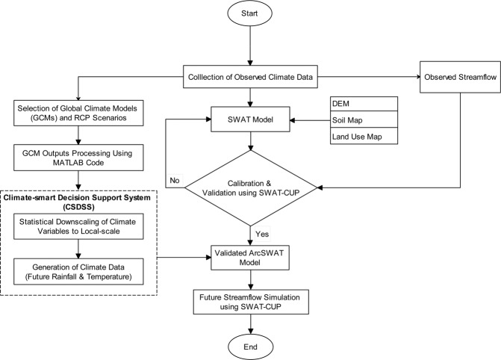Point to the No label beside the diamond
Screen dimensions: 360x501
tap(174, 180)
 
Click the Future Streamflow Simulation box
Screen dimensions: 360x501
tap(252, 302)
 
